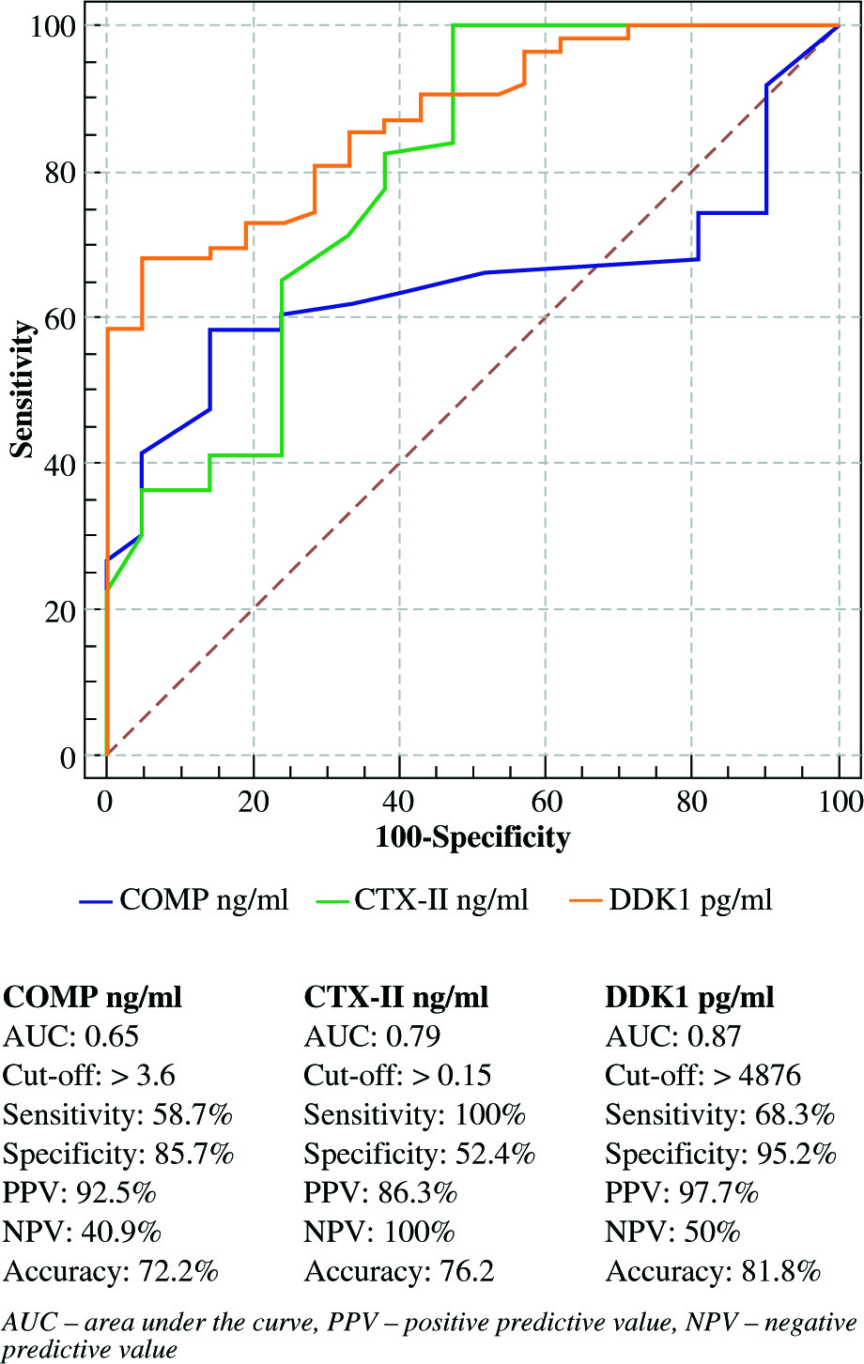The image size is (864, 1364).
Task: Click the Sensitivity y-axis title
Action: pos(23,389)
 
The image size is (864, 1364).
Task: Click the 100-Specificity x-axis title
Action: pos(472,835)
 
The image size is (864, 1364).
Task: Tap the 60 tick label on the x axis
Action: pos(546,801)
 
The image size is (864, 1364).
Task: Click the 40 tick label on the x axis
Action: pos(399,801)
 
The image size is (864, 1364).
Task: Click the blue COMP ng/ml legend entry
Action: pos(184,900)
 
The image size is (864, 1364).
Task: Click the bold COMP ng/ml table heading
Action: pos(93,996)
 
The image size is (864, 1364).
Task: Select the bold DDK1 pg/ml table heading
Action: pos(690,996)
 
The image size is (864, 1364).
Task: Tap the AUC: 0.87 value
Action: pos(672,1035)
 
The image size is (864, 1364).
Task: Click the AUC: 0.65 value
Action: pos(71,1035)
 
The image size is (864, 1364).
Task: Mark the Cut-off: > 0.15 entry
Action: pos(397,1075)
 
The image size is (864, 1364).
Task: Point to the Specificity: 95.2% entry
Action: pos(720,1154)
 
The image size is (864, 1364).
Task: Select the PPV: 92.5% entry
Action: pos(80,1193)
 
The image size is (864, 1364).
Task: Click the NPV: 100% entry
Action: pos(379,1233)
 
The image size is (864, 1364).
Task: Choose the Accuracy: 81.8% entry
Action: pos(713,1272)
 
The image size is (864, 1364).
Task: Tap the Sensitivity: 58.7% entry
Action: pos(117,1114)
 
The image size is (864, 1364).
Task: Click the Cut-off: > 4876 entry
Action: pos(703,1075)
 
